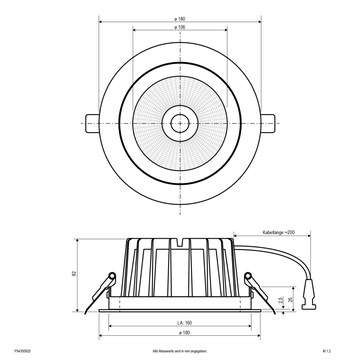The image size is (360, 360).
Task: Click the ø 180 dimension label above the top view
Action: click(180, 19)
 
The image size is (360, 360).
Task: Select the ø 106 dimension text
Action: click(180, 27)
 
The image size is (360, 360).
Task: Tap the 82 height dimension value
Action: click(74, 273)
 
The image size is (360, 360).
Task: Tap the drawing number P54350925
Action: click(22, 351)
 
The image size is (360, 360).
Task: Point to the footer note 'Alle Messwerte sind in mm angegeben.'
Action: click(180, 351)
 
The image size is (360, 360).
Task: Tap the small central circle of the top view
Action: click(180, 123)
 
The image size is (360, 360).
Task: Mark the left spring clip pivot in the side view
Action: click(112, 275)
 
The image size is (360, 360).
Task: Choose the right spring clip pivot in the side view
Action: click(248, 275)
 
